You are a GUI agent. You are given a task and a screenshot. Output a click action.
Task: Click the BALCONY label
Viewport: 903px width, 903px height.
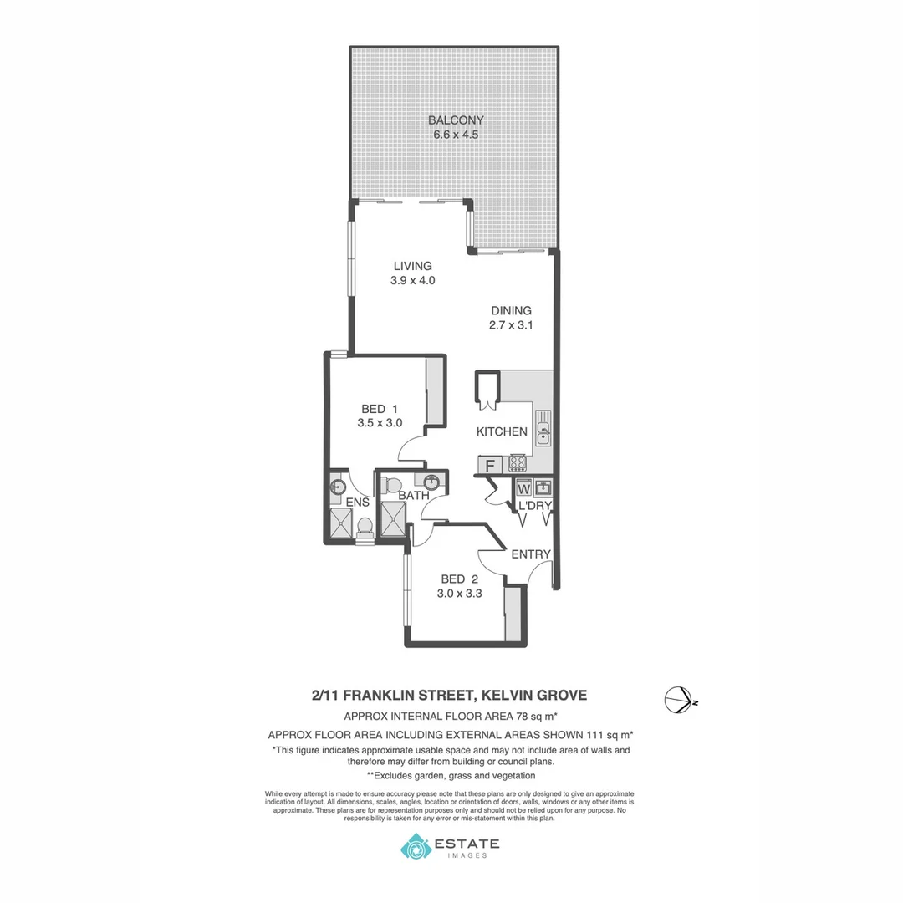(456, 120)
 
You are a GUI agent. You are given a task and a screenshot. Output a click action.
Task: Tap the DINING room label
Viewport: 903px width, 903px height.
(511, 310)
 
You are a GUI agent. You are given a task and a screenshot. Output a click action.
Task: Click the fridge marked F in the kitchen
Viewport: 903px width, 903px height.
(490, 465)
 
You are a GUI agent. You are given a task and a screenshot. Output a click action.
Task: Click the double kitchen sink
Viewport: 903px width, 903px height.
(543, 426)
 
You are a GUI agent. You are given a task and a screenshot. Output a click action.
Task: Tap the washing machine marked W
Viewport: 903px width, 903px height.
(524, 487)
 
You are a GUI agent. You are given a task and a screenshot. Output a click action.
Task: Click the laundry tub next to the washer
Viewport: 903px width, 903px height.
(543, 487)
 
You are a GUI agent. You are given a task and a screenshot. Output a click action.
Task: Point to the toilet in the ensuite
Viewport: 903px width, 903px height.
(365, 526)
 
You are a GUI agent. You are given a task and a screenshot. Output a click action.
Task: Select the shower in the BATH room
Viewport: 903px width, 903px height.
(393, 518)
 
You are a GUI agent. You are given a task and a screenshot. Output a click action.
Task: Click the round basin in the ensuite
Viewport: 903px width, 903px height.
(338, 486)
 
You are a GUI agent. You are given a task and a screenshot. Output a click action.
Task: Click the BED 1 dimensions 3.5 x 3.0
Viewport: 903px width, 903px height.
(380, 423)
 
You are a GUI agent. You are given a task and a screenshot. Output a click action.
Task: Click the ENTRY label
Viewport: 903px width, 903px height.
(531, 554)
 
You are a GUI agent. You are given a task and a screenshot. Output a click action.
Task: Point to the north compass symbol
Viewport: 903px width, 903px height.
(677, 699)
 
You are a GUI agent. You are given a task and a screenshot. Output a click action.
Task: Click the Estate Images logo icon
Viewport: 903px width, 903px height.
(416, 847)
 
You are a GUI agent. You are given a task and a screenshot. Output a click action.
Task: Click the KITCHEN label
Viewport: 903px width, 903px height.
(502, 432)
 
